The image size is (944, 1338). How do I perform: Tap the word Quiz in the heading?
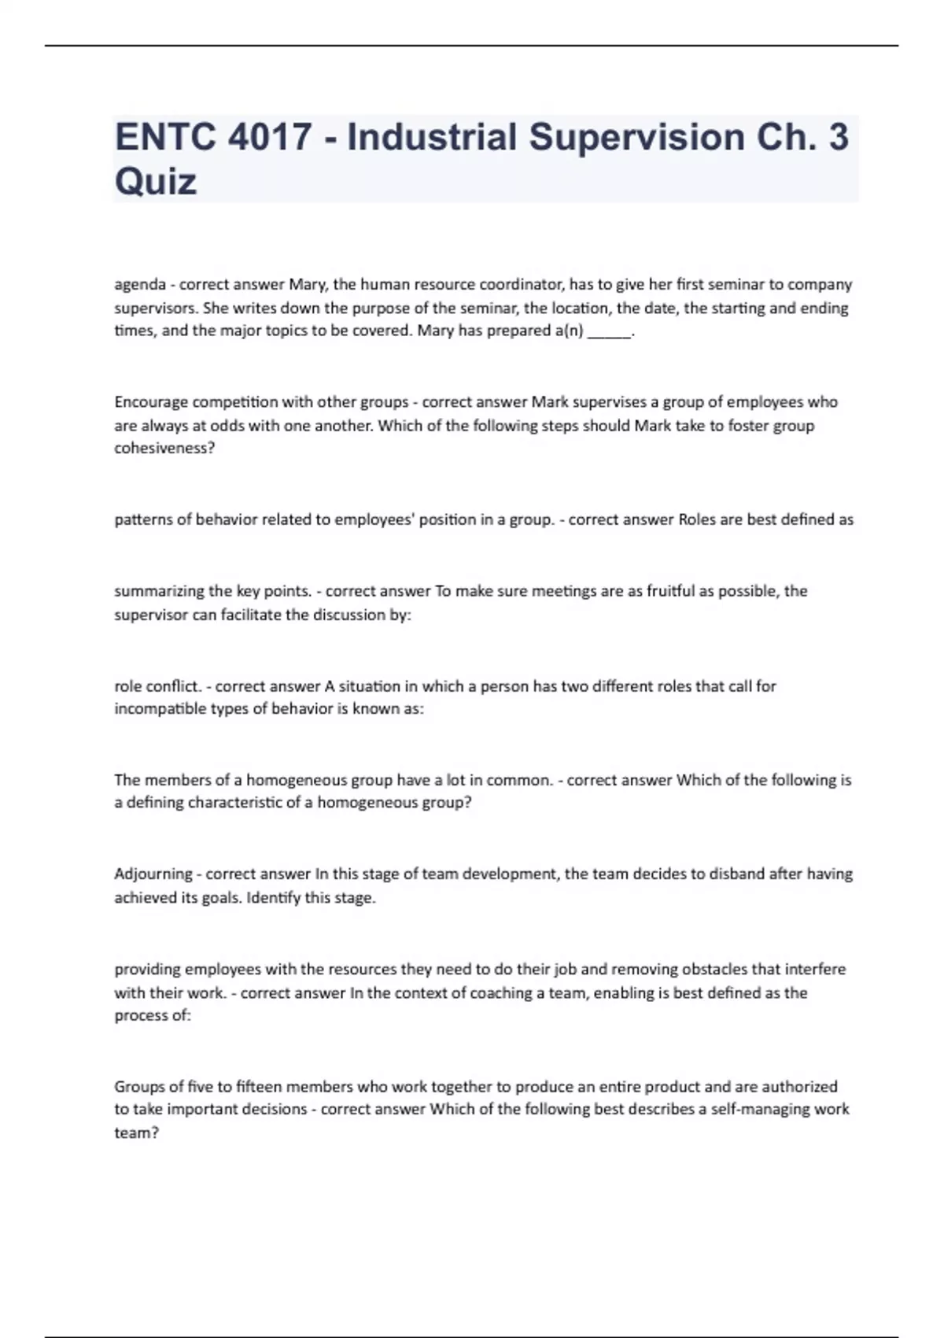(x=156, y=182)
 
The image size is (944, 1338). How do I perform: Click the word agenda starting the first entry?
(x=140, y=284)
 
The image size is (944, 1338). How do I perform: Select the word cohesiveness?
(x=164, y=449)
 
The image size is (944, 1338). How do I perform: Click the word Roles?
(x=695, y=519)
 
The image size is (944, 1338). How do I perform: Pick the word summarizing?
(x=153, y=591)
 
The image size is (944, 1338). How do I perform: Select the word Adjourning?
(x=153, y=874)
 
